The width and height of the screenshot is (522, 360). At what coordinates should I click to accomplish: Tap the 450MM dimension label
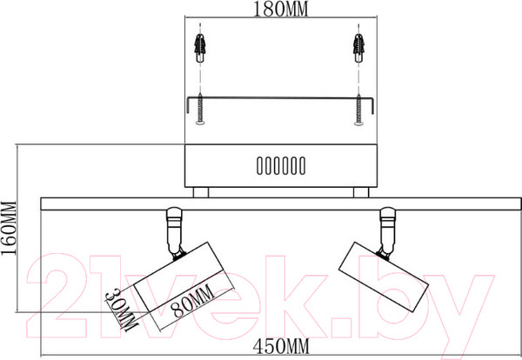point(281,348)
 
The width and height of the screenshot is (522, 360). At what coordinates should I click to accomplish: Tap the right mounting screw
point(357,108)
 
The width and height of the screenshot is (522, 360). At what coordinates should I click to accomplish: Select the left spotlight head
point(183,282)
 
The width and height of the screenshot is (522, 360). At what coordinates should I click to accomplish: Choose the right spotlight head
point(383,276)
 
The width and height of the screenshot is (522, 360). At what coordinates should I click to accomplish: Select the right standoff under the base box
point(359,192)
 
